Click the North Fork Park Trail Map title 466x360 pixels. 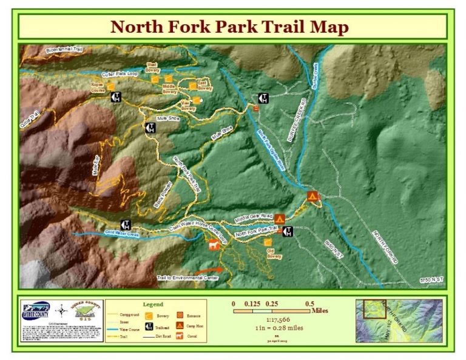coord(230,27)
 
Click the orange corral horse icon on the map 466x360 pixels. coord(212,245)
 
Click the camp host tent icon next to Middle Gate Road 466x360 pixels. coord(280,219)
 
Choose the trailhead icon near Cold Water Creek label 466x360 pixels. coord(126,225)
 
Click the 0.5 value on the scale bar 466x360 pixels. coord(309,304)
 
